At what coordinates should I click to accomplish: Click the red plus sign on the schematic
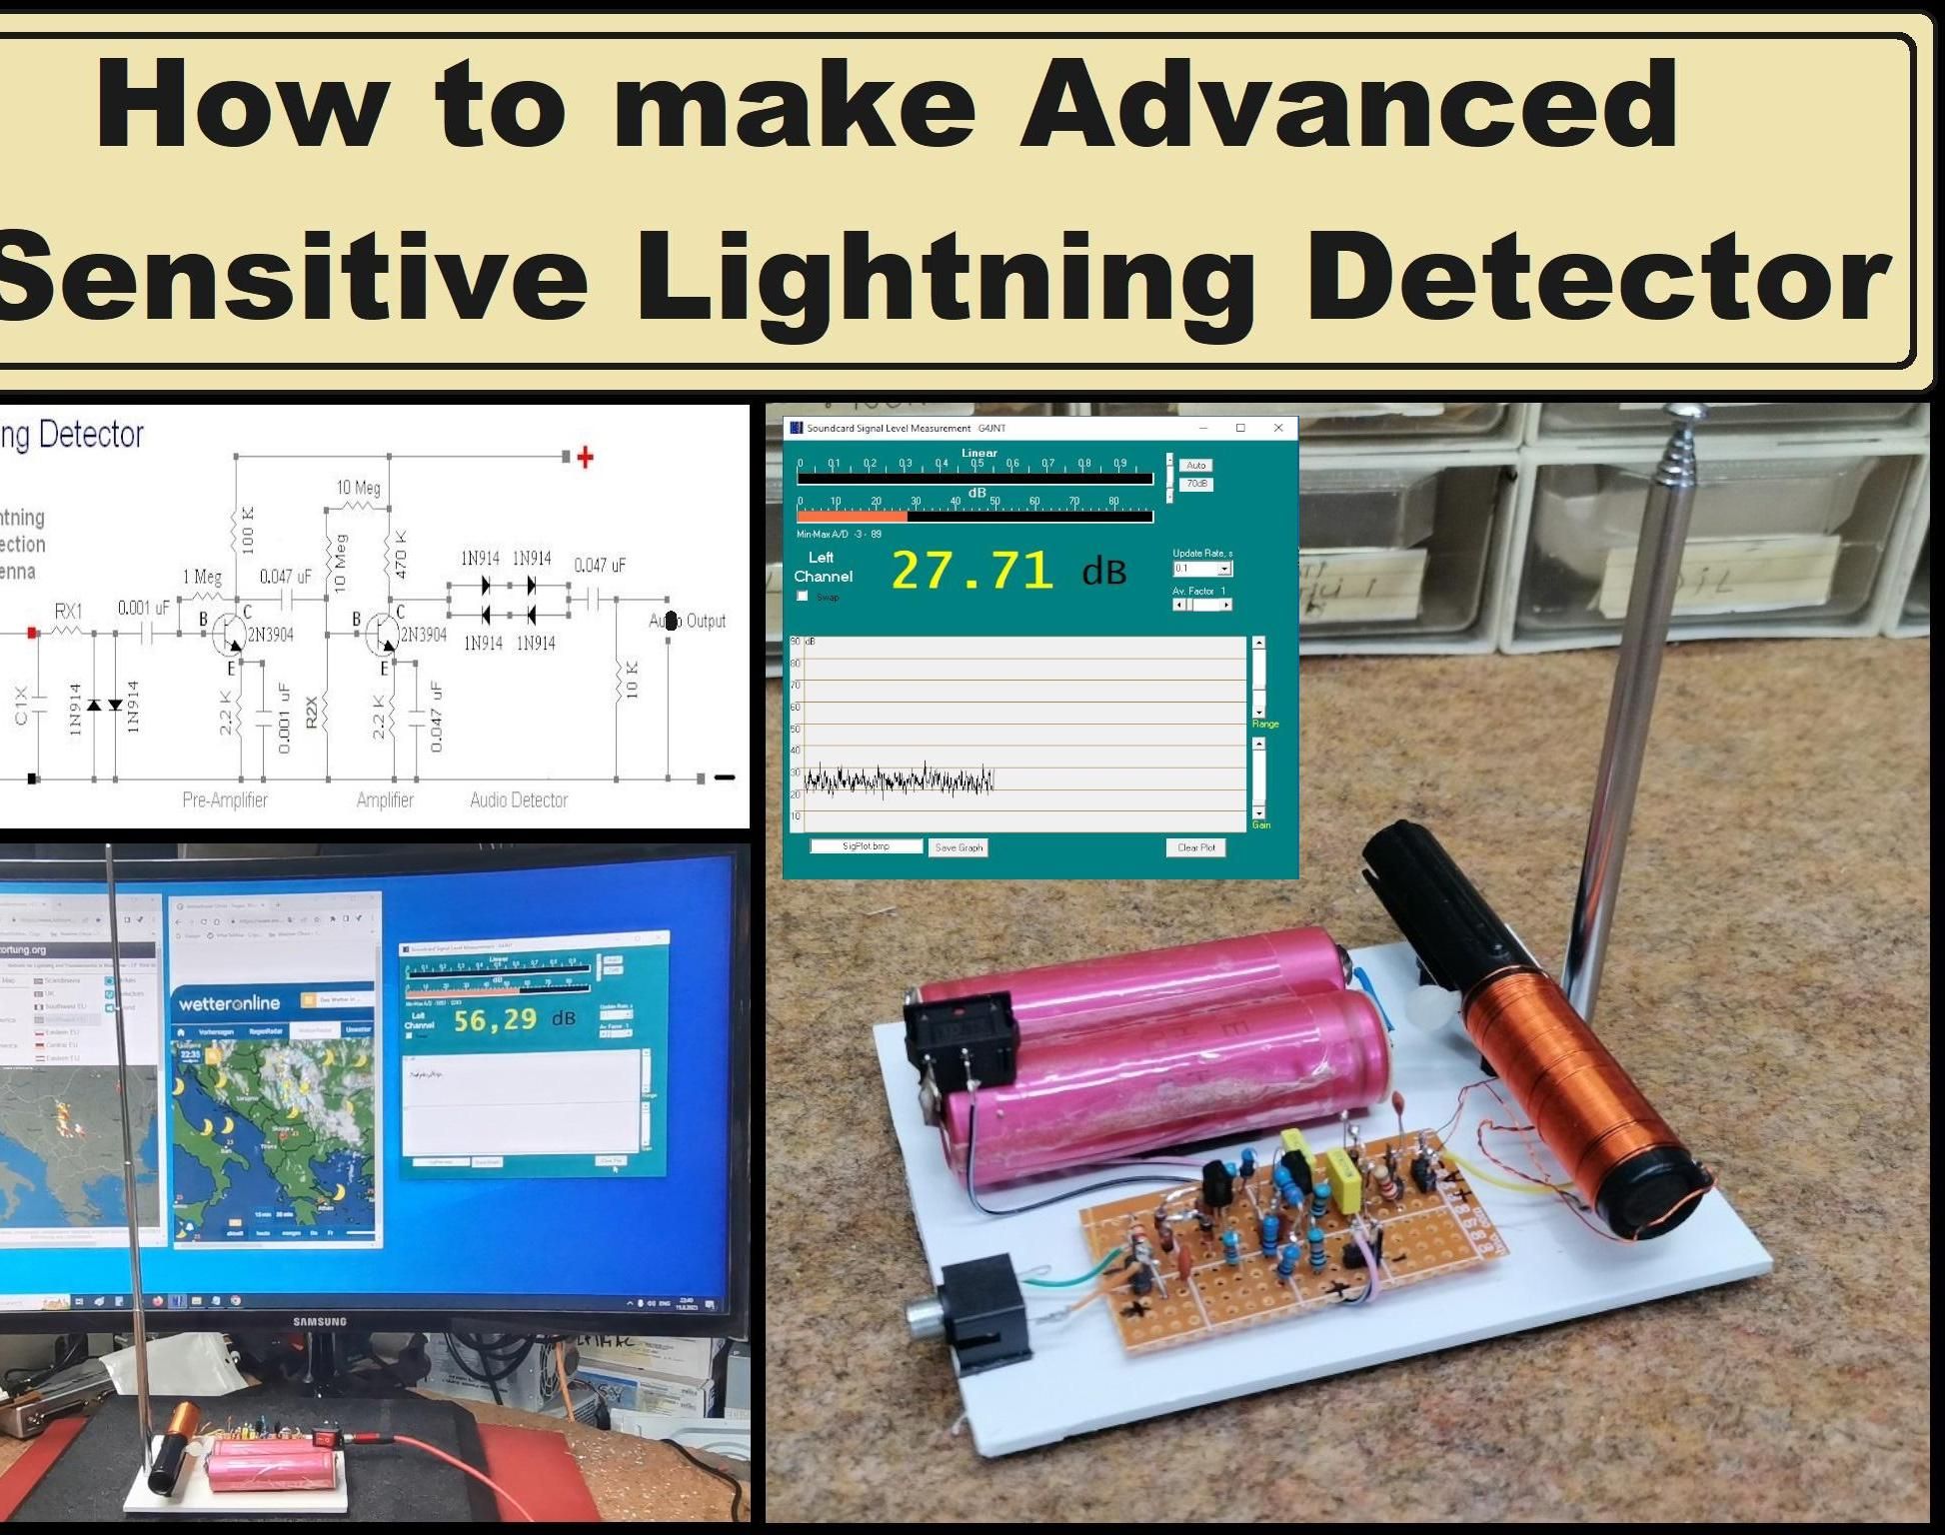586,458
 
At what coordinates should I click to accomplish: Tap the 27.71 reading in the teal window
972,571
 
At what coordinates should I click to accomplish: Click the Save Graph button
959,847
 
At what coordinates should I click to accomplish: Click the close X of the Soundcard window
1277,428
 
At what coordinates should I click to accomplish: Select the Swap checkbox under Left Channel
803,597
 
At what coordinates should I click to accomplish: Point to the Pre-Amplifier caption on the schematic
225,799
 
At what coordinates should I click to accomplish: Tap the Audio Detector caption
519,799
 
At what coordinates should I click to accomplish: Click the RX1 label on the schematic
69,611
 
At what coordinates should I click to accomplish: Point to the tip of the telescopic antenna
1689,412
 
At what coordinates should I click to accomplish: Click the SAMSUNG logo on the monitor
320,1321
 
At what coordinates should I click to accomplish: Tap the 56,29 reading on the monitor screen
495,1020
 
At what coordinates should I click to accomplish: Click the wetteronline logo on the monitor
229,1002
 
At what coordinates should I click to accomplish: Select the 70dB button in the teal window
1196,484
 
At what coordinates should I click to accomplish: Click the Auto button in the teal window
1195,466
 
